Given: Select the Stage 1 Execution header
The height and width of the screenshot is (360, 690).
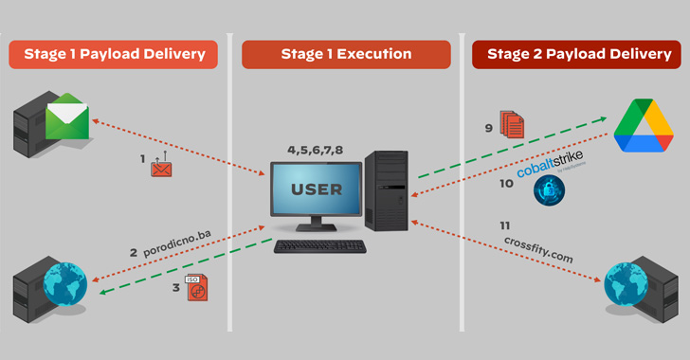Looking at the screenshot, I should [344, 54].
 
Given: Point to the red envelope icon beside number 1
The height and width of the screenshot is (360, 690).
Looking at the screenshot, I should [162, 168].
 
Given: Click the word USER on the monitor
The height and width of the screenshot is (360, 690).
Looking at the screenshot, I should [316, 189].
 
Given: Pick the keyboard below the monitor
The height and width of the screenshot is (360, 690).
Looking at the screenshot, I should [319, 246].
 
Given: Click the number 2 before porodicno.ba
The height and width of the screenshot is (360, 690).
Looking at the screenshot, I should [134, 252].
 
